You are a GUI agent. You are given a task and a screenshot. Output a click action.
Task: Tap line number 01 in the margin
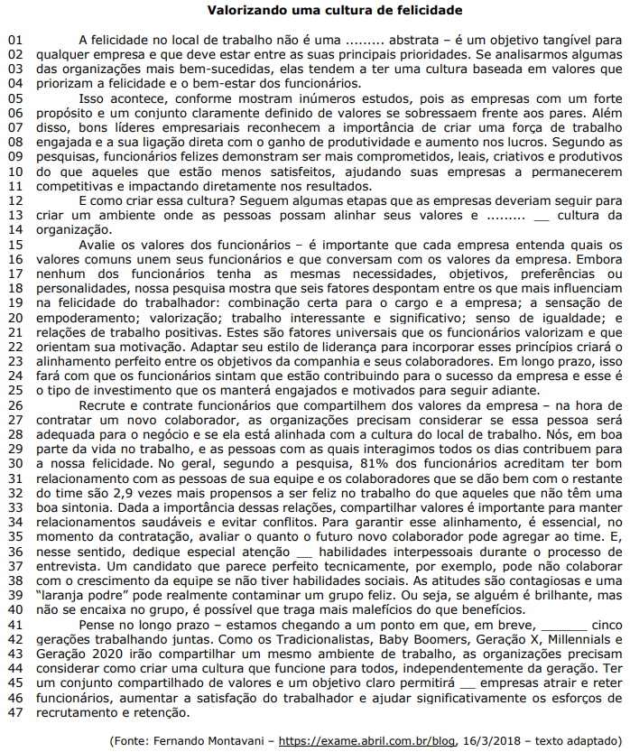tap(14, 41)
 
